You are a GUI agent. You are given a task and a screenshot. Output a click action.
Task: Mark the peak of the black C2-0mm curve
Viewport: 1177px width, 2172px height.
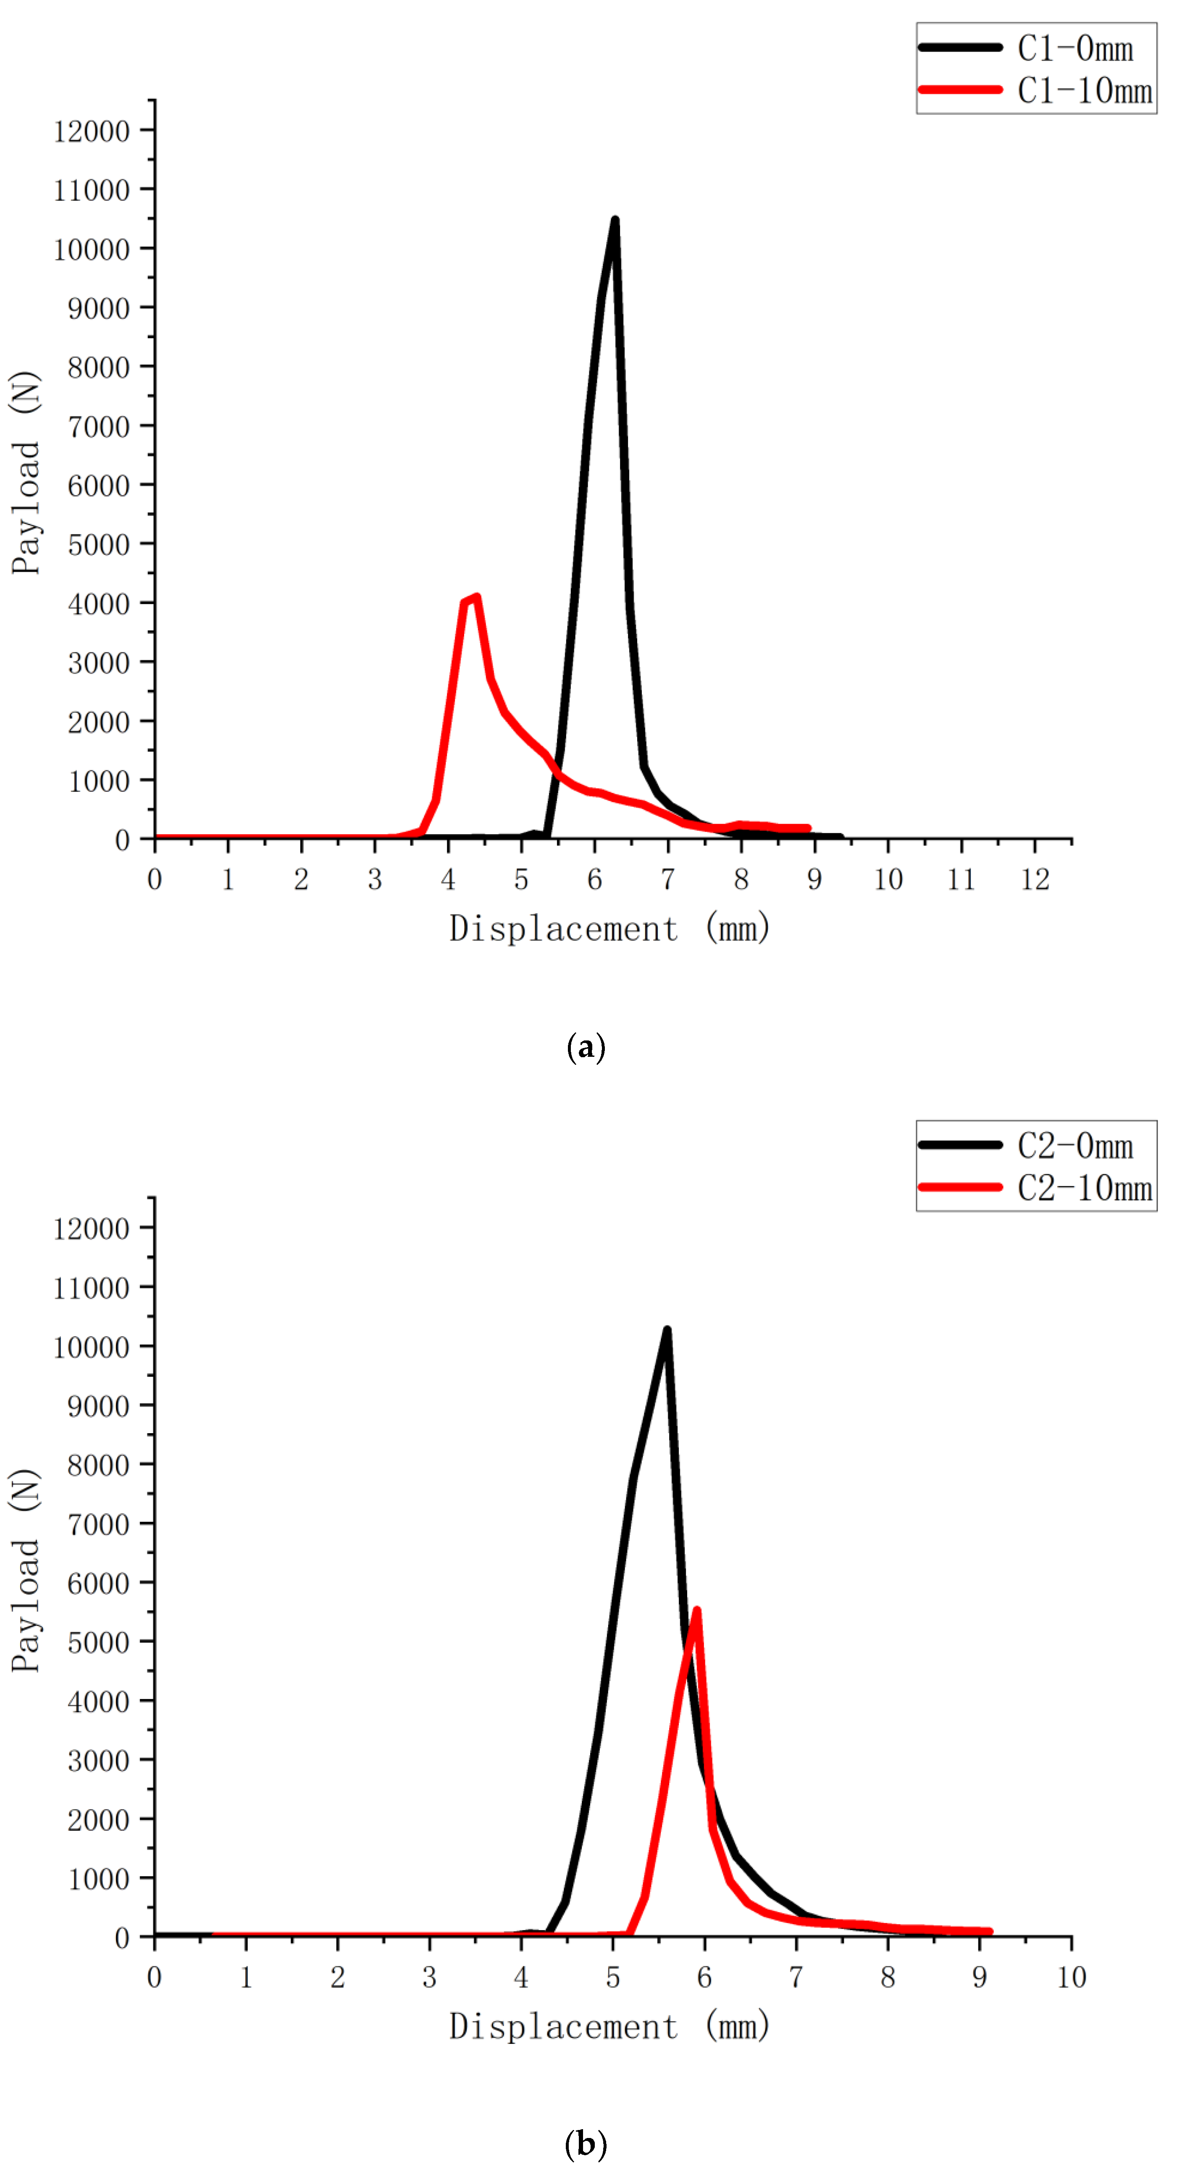coord(667,1331)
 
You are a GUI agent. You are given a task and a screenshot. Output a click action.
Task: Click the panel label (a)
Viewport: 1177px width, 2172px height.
coord(586,1047)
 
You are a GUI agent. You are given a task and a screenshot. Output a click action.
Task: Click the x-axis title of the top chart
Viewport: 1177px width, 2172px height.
coord(609,928)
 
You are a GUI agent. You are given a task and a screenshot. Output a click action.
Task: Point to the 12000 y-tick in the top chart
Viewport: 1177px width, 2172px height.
coord(91,131)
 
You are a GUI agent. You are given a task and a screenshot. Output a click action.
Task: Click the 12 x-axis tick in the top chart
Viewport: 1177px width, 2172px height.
coord(1035,880)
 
